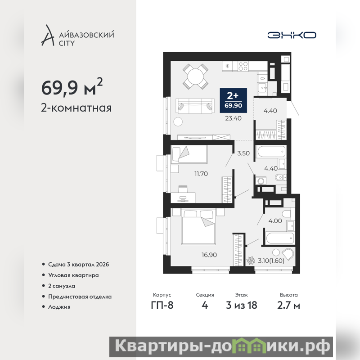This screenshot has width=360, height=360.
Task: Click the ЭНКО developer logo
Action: [x=292, y=35]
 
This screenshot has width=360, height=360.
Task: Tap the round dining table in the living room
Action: [x=195, y=76]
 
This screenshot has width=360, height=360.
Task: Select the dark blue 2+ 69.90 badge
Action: [x=233, y=100]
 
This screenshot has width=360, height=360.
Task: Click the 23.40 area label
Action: [x=233, y=118]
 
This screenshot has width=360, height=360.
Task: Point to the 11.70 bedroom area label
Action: [x=201, y=174]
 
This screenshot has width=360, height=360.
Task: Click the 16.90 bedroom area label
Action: [x=209, y=255]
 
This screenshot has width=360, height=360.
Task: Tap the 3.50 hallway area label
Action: [x=243, y=153]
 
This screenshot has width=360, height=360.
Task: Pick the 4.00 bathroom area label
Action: [x=275, y=221]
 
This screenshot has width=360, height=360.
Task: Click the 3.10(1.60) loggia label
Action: [x=271, y=261]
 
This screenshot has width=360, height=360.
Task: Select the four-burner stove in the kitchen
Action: [x=243, y=66]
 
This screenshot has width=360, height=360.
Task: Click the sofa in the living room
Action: [x=195, y=106]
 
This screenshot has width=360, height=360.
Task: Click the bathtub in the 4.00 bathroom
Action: [x=280, y=239]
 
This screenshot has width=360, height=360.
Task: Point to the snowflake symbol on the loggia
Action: [x=251, y=261]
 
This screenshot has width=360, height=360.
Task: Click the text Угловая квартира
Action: [x=73, y=275]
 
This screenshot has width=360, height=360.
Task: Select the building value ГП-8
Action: [x=162, y=306]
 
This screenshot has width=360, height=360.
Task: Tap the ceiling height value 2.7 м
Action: [x=288, y=306]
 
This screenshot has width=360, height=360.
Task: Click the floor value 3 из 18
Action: [x=242, y=306]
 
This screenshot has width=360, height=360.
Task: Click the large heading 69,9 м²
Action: [x=72, y=87]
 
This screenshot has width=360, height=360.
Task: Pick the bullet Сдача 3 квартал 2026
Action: [x=78, y=265]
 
